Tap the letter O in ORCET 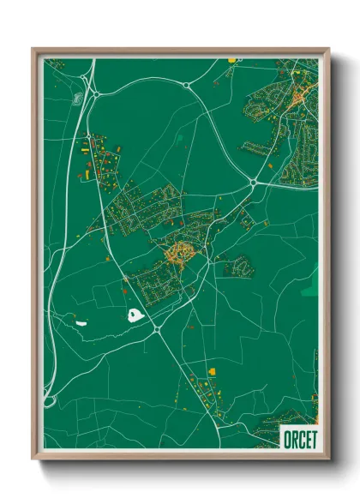point(286,438)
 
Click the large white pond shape point(135,315)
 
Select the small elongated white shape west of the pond point(82,323)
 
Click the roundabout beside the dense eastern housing point(254,182)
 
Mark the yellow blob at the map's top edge point(231,60)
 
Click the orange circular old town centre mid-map point(182,253)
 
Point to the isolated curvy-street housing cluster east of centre point(239,267)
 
